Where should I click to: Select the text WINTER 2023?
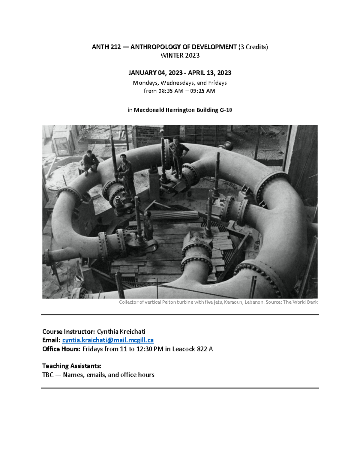coord(180,56)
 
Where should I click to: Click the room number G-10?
coord(226,110)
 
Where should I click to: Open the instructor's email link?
coord(108,340)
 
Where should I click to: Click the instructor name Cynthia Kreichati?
coord(121,332)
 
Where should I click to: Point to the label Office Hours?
coord(61,349)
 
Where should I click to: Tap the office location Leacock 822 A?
coord(192,349)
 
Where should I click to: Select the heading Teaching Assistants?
coord(72,366)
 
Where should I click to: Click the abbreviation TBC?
coord(48,375)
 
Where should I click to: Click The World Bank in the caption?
coord(300,302)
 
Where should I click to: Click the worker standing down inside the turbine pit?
coord(148,225)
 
